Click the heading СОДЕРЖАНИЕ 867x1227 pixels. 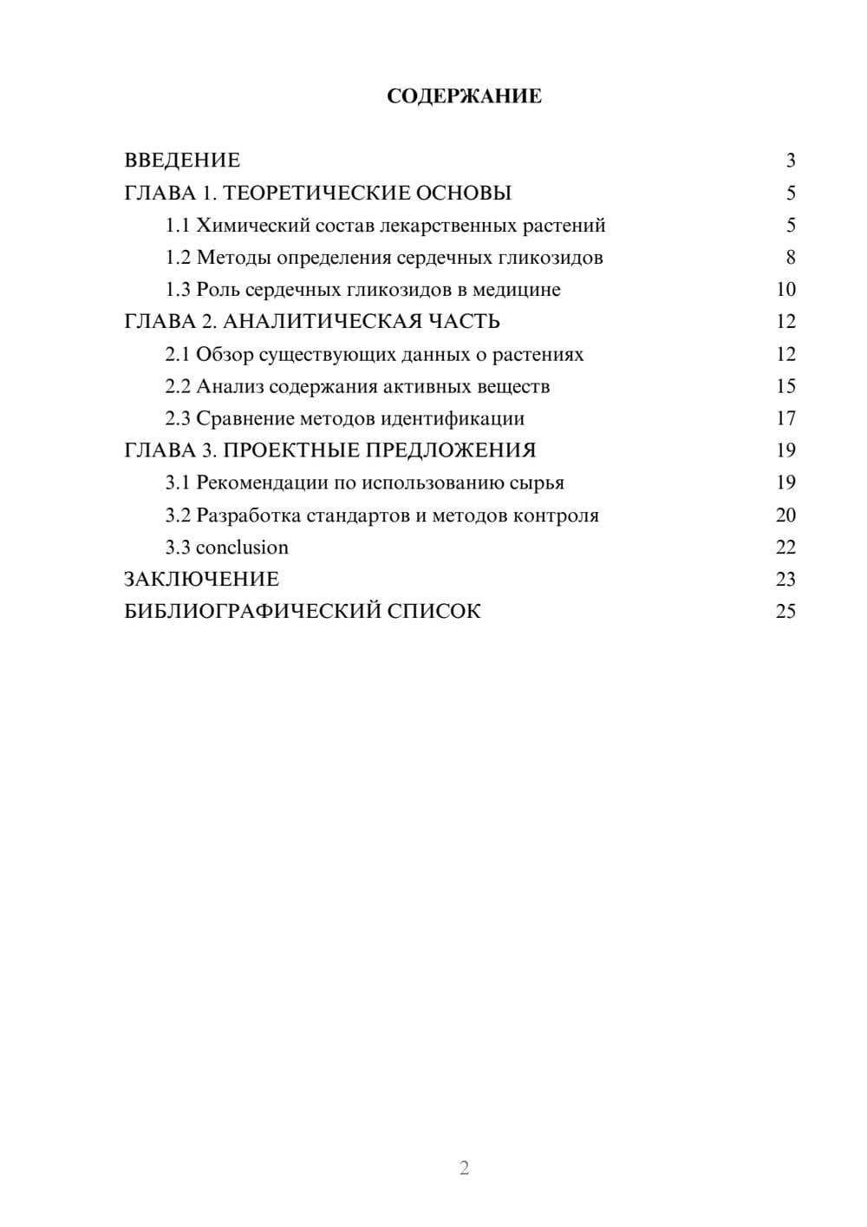(464, 96)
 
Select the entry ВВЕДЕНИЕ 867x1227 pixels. (182, 161)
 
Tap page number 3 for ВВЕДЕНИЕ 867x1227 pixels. (790, 161)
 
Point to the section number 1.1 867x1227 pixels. (178, 226)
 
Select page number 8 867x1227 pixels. (790, 258)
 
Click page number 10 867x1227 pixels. (786, 290)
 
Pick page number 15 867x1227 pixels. (786, 386)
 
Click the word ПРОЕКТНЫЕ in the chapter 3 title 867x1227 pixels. (294, 450)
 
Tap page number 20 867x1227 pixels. (786, 515)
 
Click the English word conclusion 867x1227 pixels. (242, 548)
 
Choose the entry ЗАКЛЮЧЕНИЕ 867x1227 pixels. (201, 579)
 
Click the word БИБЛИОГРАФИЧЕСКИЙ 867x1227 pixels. (252, 611)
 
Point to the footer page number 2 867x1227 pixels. (464, 1168)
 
